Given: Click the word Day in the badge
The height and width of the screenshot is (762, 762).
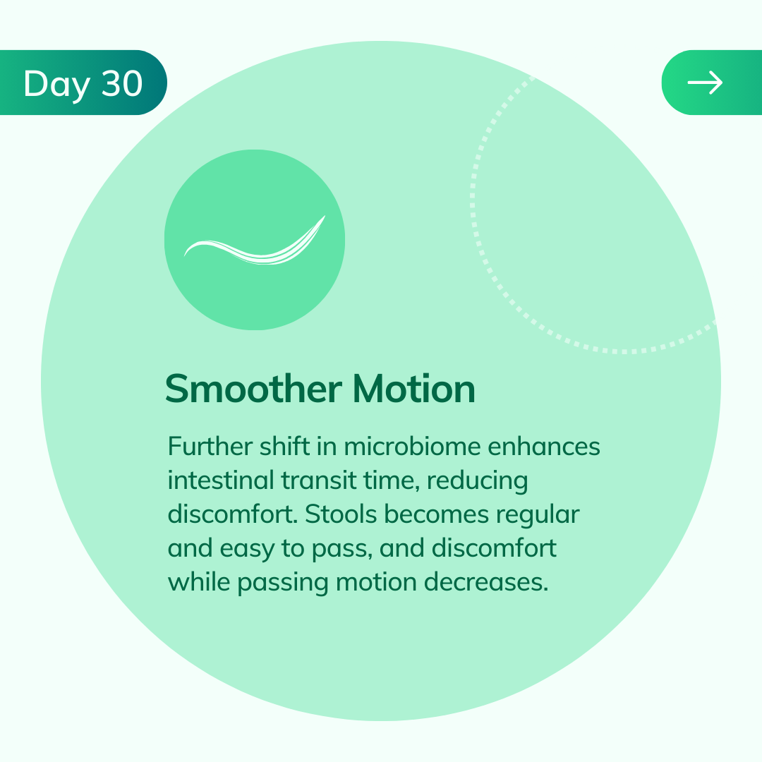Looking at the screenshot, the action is [57, 84].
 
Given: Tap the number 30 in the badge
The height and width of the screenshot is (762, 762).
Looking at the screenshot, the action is [122, 83].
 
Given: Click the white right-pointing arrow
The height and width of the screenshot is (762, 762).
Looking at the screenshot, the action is [705, 83].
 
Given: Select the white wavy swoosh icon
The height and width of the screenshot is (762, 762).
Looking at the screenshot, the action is [255, 241].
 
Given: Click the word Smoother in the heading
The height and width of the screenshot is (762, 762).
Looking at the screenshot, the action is [254, 389].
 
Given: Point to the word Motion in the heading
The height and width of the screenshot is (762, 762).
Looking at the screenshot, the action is [414, 389].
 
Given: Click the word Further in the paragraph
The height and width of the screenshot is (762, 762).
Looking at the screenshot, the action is [210, 446].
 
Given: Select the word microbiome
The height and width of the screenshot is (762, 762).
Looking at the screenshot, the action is [412, 446].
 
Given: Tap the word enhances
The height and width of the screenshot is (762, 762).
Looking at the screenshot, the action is [544, 446].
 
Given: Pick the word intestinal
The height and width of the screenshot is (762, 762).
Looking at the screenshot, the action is [221, 480].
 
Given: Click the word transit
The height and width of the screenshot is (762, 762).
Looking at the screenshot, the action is [319, 480].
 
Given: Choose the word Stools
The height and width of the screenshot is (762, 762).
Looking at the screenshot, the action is [341, 514].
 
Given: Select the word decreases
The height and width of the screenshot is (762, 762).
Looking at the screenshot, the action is [486, 582].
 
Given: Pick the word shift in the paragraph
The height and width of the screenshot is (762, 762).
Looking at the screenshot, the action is [284, 446].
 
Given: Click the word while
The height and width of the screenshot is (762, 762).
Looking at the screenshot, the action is [199, 582].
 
